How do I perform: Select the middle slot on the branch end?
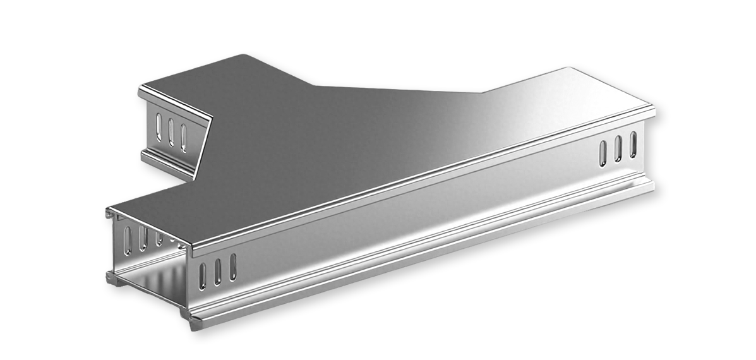171,129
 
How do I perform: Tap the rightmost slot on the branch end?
184,135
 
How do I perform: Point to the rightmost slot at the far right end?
633,143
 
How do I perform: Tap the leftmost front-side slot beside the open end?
203,273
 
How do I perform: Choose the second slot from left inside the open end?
144,237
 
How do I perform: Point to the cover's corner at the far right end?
653,111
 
